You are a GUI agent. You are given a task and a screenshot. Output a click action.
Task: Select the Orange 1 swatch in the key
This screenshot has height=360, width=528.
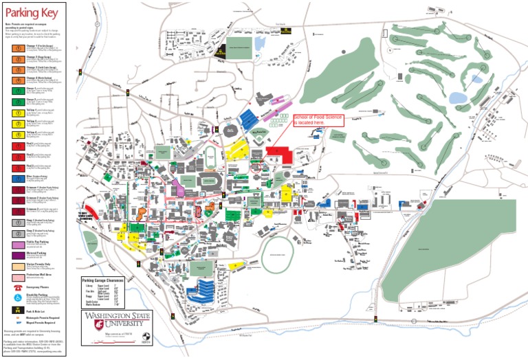[16, 47]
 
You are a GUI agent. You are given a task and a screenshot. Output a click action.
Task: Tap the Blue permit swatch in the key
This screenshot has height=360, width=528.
[16, 177]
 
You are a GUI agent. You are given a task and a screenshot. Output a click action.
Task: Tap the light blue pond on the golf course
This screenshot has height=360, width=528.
[457, 98]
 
